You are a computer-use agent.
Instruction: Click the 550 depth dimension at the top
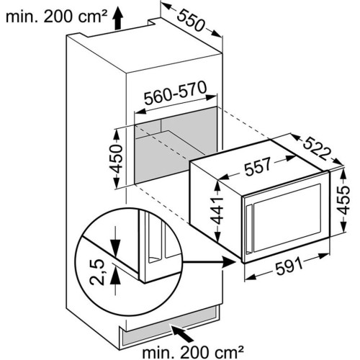click(x=192, y=21)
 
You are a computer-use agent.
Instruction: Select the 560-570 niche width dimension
click(x=175, y=93)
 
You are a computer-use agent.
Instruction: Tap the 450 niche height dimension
click(x=117, y=159)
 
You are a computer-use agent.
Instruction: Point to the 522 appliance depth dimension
click(x=316, y=149)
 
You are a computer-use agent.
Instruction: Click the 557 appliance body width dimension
click(x=258, y=166)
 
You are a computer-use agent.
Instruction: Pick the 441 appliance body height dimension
click(x=217, y=211)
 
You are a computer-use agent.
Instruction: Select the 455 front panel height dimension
click(x=343, y=200)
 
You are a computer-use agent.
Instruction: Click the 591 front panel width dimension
click(x=289, y=266)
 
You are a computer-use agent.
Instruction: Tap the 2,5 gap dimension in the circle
click(x=97, y=272)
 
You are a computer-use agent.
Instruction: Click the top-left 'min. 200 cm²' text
click(x=56, y=17)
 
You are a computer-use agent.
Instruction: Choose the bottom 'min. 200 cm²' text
click(x=192, y=352)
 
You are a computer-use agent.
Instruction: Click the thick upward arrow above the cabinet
click(x=117, y=19)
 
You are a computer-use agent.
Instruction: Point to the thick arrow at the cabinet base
click(x=182, y=333)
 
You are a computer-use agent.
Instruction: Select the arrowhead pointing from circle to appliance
click(x=229, y=262)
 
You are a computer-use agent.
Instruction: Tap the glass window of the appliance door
click(x=287, y=218)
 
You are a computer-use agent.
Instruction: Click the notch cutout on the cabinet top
click(x=153, y=22)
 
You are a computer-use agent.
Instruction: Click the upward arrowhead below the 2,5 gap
click(x=115, y=276)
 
